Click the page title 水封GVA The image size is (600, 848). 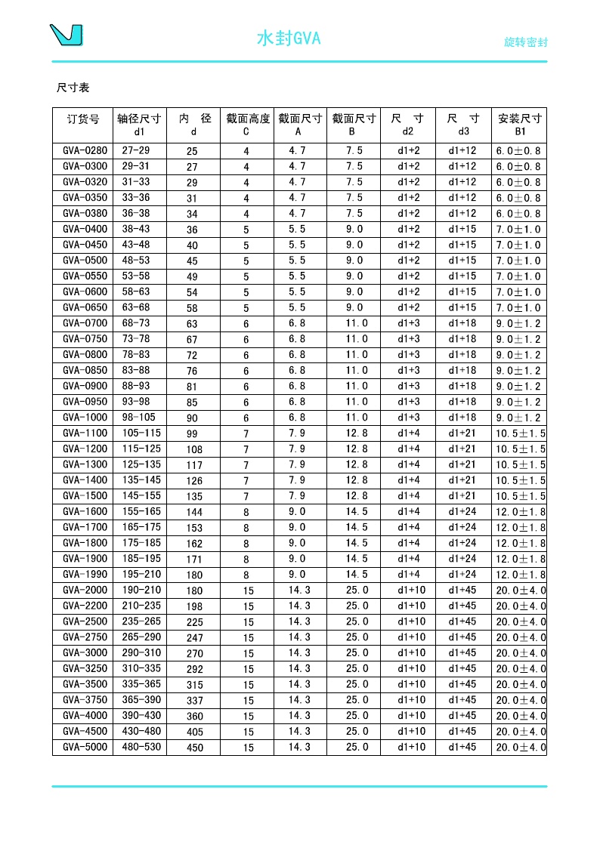click(x=289, y=39)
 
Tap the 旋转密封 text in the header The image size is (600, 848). click(x=525, y=42)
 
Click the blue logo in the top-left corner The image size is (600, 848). click(x=66, y=35)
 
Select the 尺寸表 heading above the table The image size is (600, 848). click(x=73, y=88)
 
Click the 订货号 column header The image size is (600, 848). click(x=83, y=119)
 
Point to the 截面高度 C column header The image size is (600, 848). click(x=247, y=125)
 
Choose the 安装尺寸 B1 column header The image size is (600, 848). click(x=519, y=125)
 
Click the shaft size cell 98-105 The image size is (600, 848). click(x=139, y=418)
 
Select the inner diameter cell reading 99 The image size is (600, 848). click(x=192, y=434)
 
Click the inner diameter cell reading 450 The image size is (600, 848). click(x=195, y=748)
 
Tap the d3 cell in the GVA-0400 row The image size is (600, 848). click(x=462, y=229)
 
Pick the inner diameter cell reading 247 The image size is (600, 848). click(x=195, y=638)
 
